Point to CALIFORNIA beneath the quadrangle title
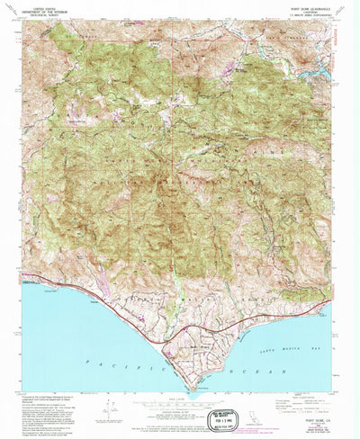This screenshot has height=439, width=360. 307,11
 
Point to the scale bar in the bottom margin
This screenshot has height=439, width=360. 180,405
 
